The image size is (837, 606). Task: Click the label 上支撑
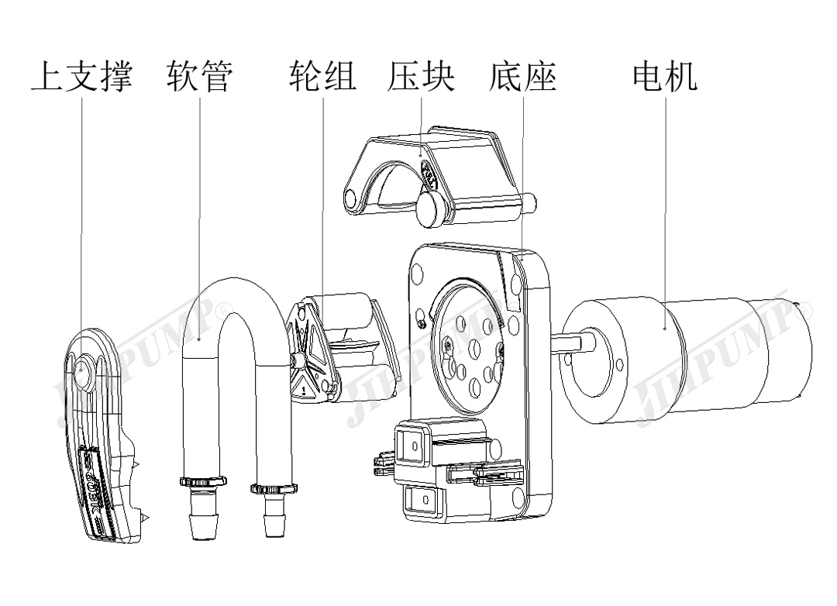click(81, 77)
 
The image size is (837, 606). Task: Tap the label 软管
click(200, 77)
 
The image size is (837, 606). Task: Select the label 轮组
click(322, 77)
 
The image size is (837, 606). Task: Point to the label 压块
click(421, 77)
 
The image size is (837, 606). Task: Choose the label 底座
click(523, 77)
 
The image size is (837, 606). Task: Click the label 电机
click(665, 77)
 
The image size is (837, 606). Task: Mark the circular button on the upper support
click(81, 375)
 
